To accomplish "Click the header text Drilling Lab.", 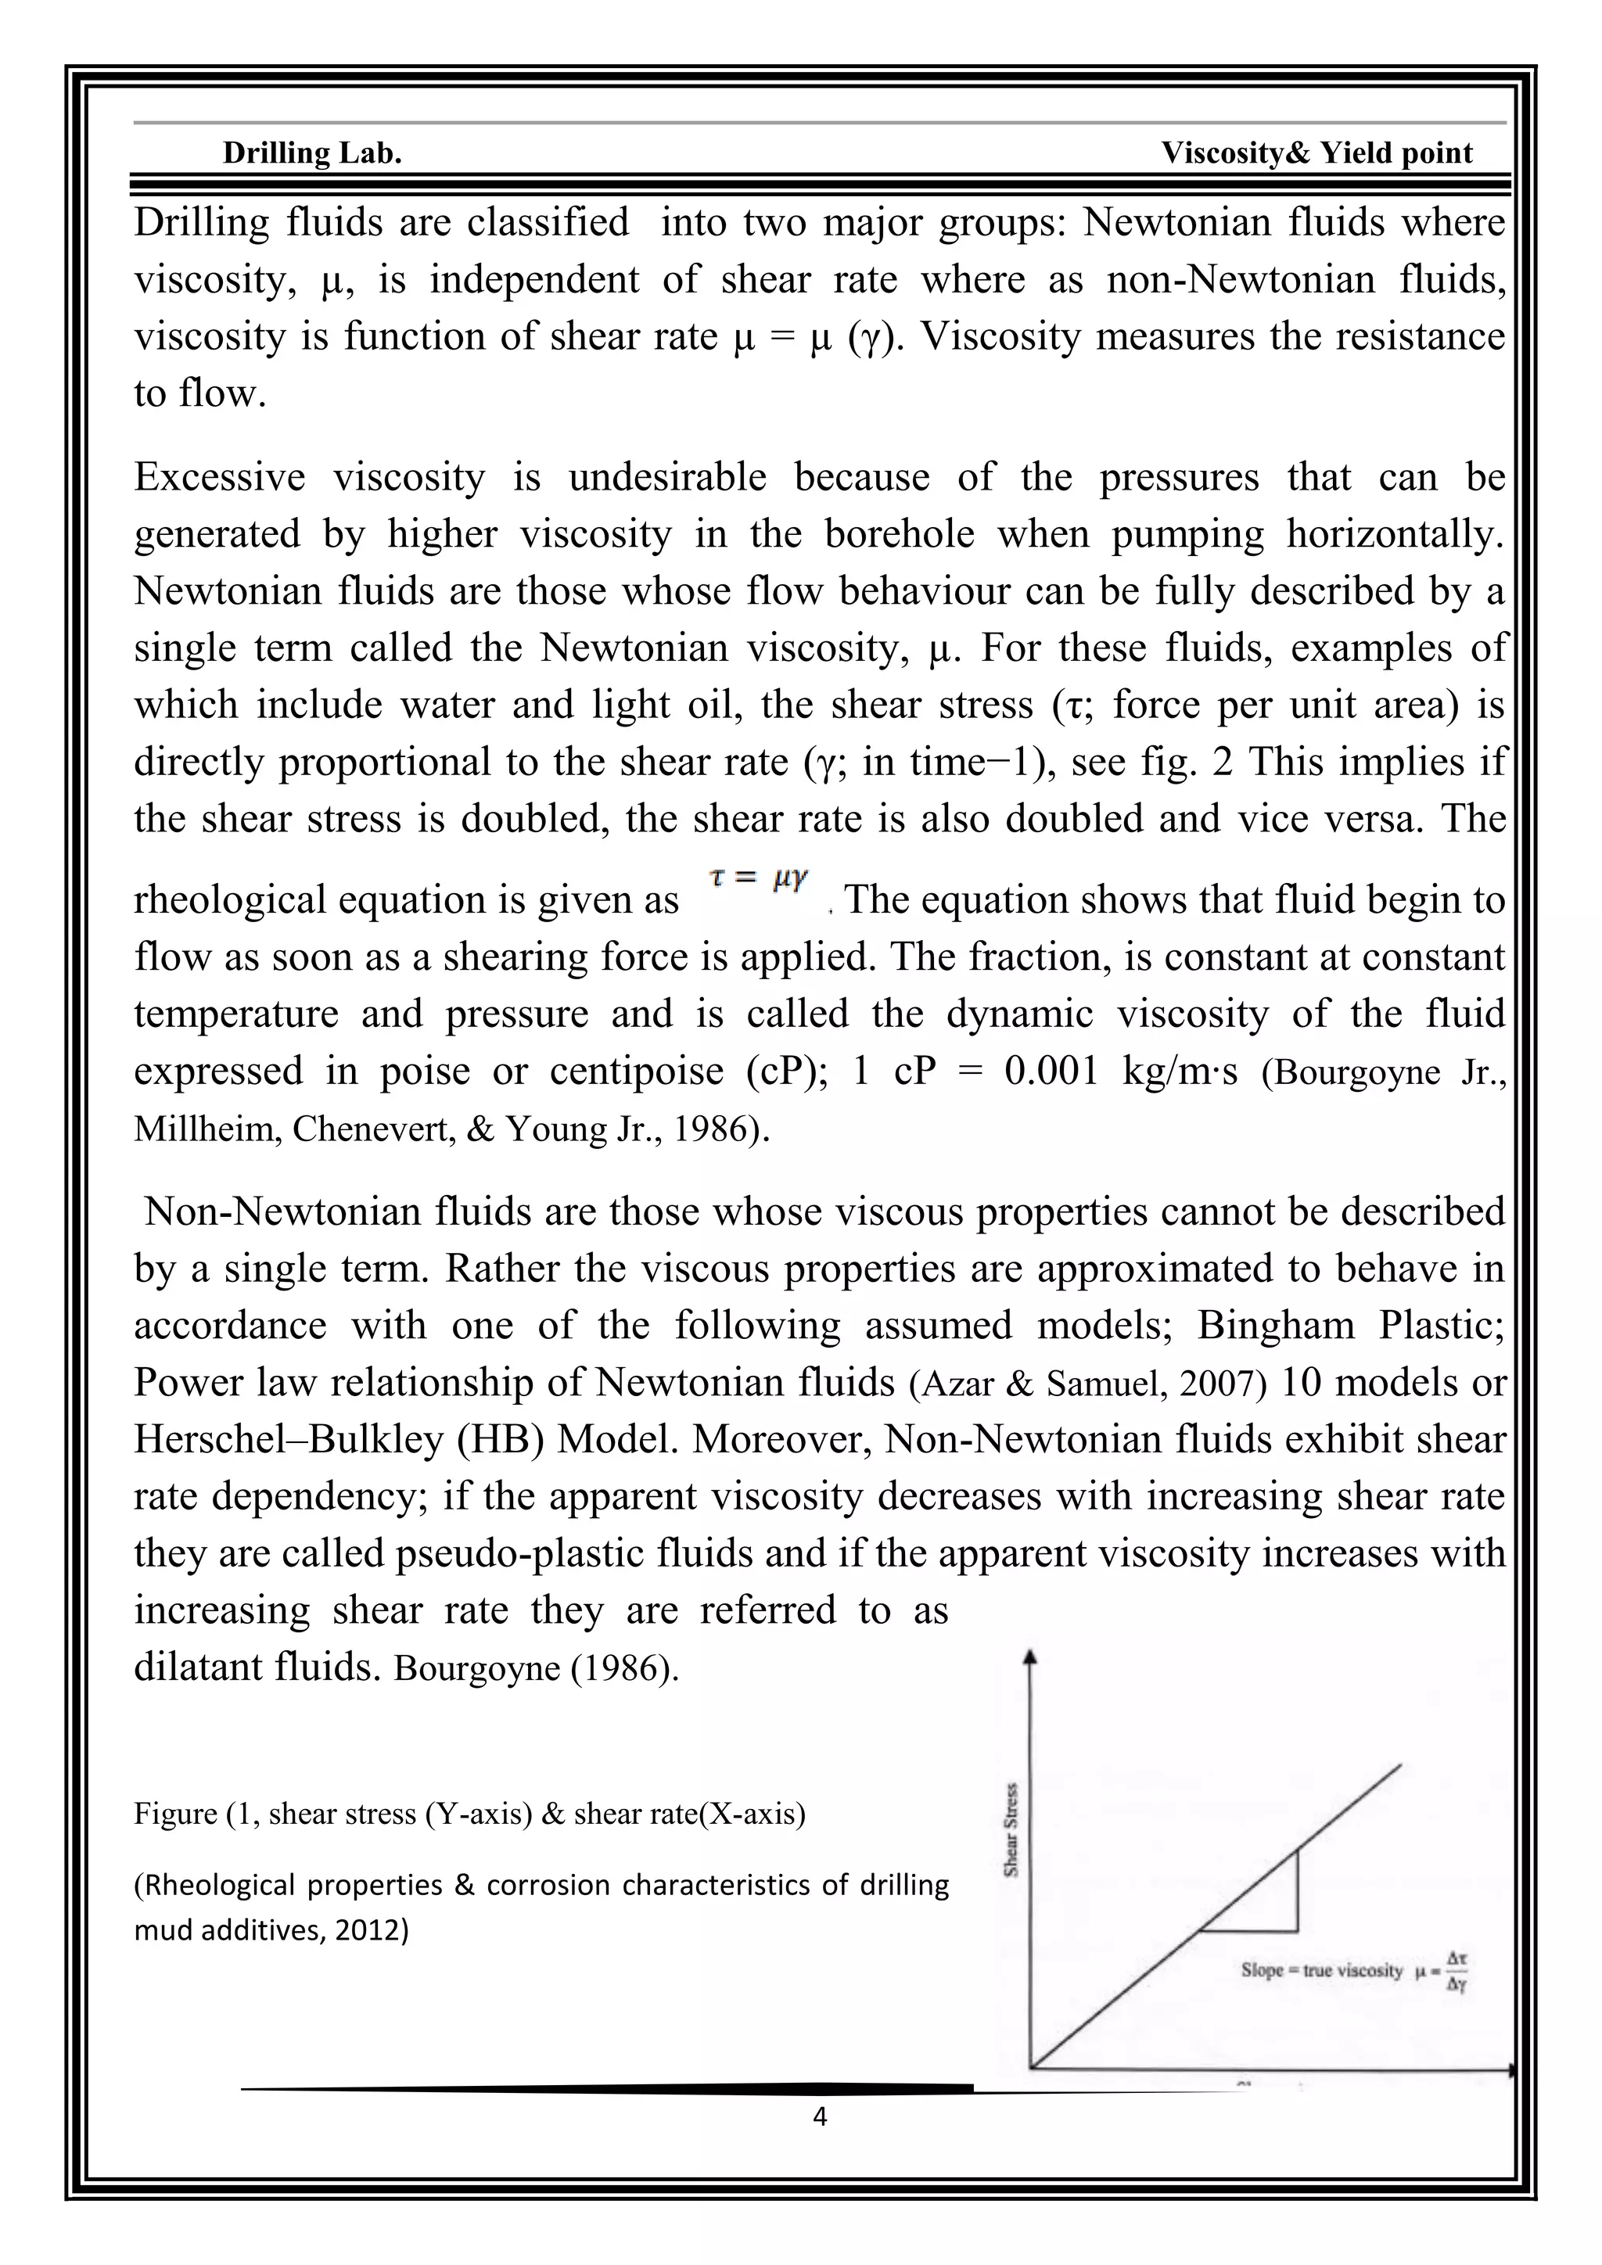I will click(312, 153).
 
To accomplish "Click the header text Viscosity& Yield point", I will click(1316, 153).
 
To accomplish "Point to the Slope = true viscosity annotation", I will click(1321, 1970).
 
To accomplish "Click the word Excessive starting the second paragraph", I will click(220, 477).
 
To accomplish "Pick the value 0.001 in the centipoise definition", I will click(1051, 1071).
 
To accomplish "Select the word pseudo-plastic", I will click(521, 1554).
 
